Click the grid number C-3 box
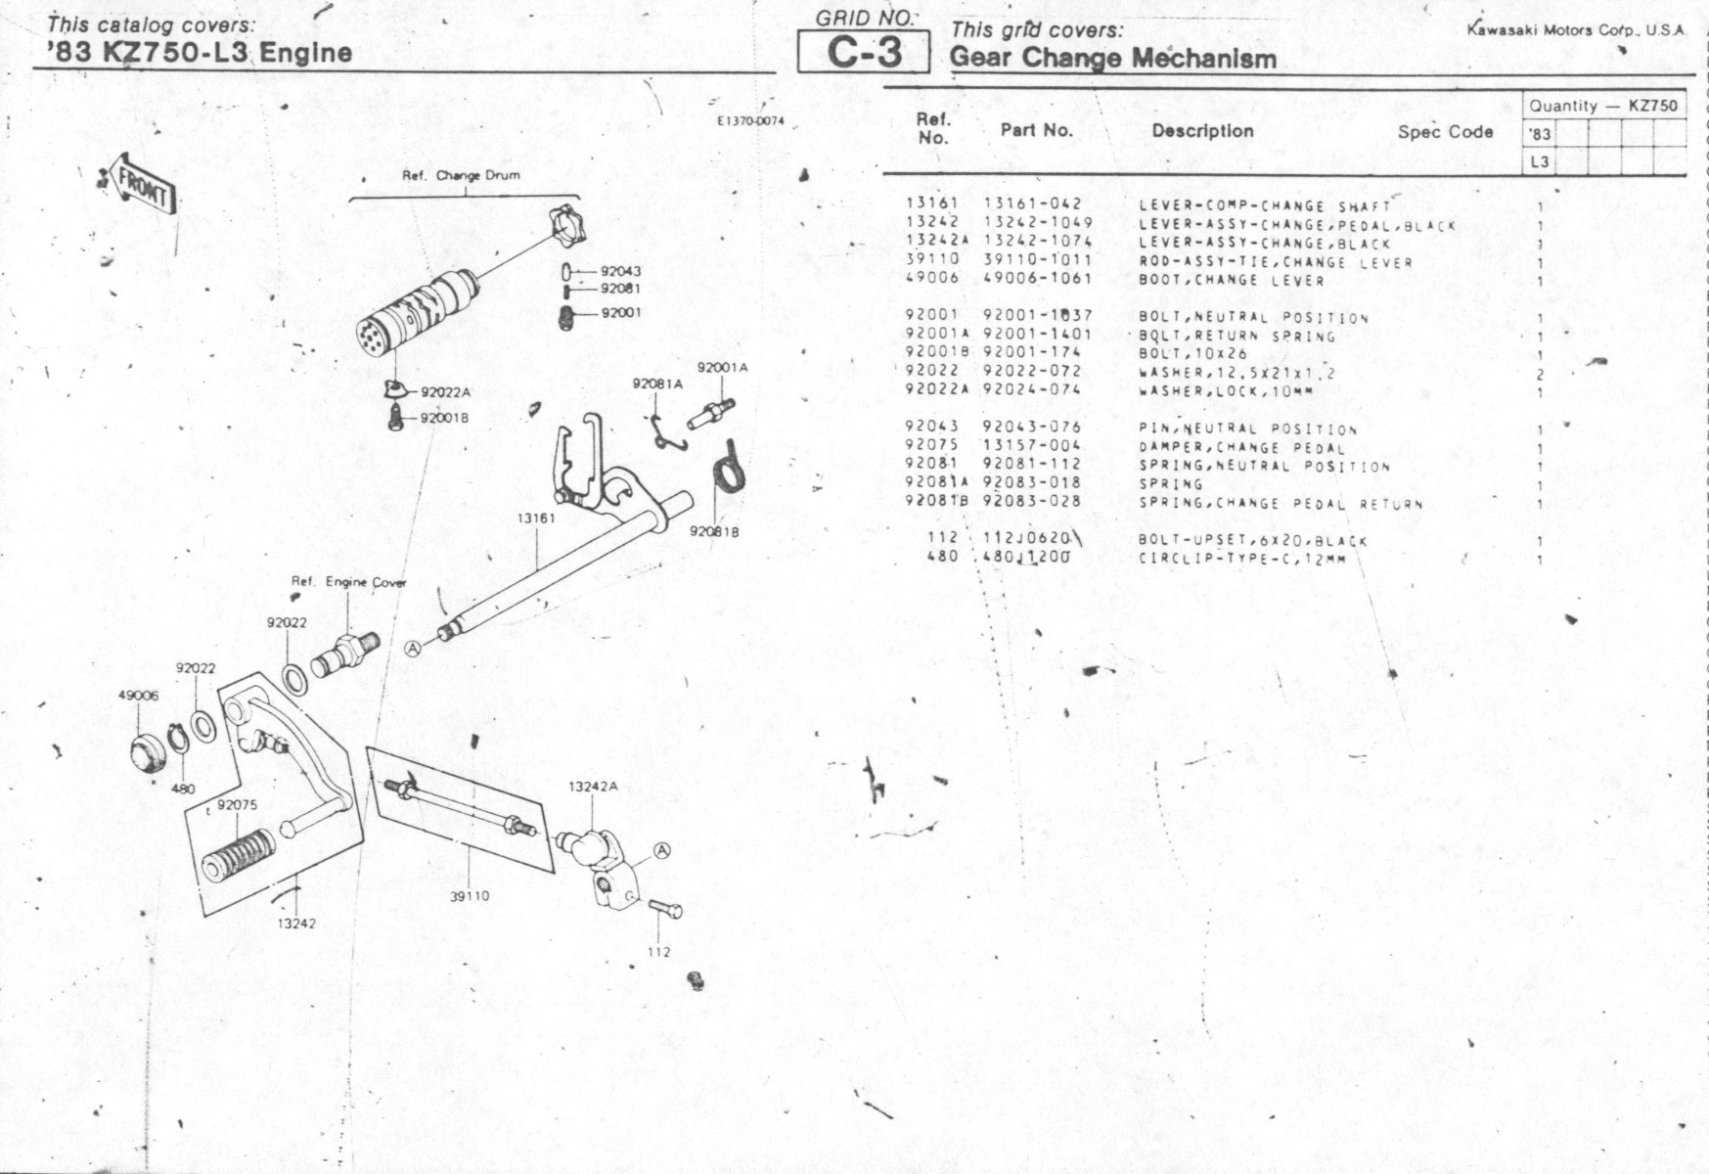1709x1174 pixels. [x=864, y=53]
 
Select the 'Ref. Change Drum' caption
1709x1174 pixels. [x=461, y=176]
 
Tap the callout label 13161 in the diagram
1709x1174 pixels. [x=536, y=518]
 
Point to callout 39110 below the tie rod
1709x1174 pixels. [x=470, y=896]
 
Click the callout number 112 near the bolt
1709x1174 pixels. [x=658, y=952]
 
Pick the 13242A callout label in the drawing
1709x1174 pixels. [x=593, y=787]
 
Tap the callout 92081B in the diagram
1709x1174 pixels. [x=714, y=531]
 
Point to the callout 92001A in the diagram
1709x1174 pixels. [x=722, y=368]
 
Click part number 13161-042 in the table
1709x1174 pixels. [x=1033, y=204]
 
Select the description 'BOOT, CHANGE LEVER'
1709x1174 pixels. [x=1231, y=281]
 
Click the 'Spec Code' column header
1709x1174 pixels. [x=1444, y=132]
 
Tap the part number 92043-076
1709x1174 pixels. [x=1032, y=428]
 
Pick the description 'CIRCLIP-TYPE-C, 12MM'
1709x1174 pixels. [x=1241, y=560]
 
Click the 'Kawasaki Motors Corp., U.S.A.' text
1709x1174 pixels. [x=1575, y=30]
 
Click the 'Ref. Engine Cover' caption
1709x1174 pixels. [x=348, y=582]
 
